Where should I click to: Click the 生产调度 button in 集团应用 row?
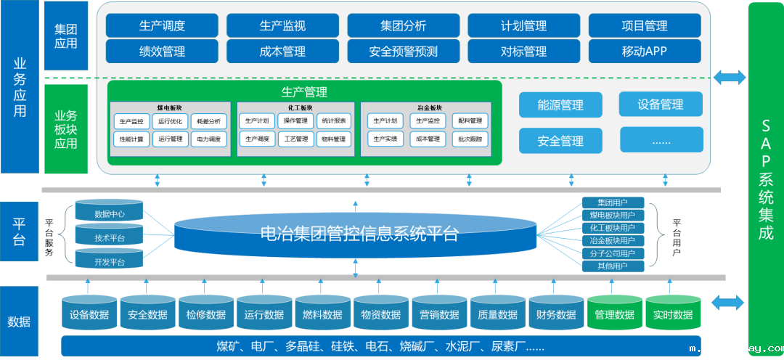pos(162,25)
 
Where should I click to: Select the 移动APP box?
pos(644,52)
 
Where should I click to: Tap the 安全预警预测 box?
pos(403,52)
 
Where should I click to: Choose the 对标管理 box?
pos(523,52)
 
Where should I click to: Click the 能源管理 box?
pos(560,105)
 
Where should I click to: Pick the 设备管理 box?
pos(661,104)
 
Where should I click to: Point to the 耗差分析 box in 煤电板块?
pos(209,121)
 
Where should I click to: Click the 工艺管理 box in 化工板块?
pos(296,139)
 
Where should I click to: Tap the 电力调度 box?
pos(209,139)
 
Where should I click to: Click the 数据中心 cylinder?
pos(110,214)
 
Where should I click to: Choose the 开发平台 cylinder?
pos(110,261)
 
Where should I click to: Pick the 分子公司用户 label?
pos(612,253)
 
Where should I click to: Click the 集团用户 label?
pos(612,202)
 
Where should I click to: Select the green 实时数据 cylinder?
pos(673,314)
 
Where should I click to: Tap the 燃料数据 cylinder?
pos(322,314)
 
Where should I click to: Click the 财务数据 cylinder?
pos(556,314)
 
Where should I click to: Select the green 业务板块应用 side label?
pos(65,128)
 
